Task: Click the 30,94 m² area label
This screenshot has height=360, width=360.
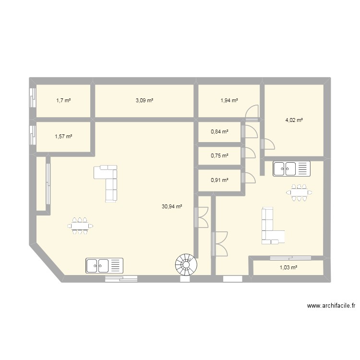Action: click(172, 207)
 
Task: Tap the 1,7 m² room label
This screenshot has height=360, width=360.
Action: click(63, 101)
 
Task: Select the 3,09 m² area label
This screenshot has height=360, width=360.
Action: click(144, 101)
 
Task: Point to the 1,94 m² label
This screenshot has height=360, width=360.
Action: click(229, 101)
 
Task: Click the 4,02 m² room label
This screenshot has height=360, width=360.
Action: click(294, 120)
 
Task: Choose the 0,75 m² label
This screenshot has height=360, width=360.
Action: click(219, 155)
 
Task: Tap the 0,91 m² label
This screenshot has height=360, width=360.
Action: click(219, 180)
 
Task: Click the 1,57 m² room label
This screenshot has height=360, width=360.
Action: click(63, 136)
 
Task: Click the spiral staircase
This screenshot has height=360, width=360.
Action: click(185, 264)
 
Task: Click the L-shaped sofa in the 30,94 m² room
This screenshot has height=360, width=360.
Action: click(109, 182)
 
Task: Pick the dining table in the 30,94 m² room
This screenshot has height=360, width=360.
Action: click(80, 226)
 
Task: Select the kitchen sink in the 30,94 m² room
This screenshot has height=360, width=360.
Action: click(104, 265)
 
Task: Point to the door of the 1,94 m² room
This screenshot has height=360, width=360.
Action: click(252, 114)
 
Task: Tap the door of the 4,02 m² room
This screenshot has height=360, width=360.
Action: click(267, 144)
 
